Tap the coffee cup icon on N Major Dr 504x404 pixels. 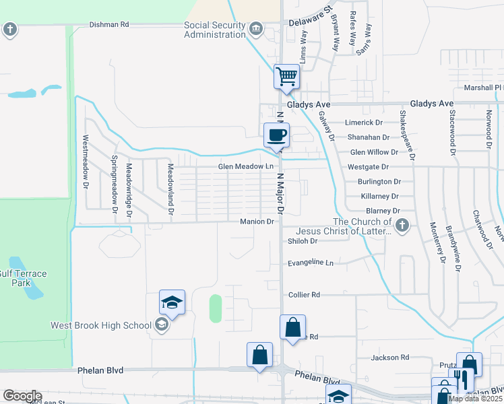point(276,135)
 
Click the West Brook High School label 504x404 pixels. point(101,326)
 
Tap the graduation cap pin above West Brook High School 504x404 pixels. point(172,303)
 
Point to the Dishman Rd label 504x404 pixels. point(109,25)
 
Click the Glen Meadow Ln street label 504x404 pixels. point(245,167)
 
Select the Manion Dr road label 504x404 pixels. point(257,222)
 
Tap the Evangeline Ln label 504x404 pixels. point(310,263)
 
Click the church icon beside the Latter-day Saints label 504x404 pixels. point(402,225)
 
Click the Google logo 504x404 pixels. point(22,396)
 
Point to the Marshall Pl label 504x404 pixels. point(479,88)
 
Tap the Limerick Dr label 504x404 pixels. point(363,123)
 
